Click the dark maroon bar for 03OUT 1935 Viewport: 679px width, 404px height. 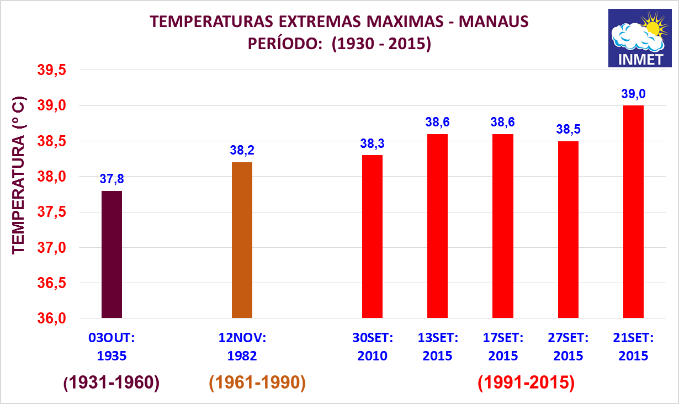tap(112, 254)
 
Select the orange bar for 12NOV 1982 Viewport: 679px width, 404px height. tap(242, 240)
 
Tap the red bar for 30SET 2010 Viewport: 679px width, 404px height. tap(372, 236)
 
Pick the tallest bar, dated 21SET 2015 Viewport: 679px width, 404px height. tap(633, 211)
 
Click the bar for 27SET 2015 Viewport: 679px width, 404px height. tap(568, 230)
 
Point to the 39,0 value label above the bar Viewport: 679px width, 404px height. tap(633, 94)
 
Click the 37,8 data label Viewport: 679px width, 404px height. tap(112, 179)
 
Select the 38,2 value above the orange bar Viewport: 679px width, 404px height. tap(242, 150)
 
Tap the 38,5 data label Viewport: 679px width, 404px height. tap(568, 129)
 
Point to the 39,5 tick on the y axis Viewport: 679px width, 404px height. tap(51, 71)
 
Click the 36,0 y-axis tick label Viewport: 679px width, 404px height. tap(51, 318)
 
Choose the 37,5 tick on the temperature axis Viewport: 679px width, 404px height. tap(51, 212)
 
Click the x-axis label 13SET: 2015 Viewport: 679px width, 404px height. tap(437, 347)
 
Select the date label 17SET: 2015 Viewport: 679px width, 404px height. tap(503, 347)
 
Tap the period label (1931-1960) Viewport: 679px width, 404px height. tap(112, 382)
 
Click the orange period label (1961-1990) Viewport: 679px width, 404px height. tap(257, 382)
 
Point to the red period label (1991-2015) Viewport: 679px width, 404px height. tap(526, 382)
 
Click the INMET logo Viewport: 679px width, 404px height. tap(639, 38)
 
